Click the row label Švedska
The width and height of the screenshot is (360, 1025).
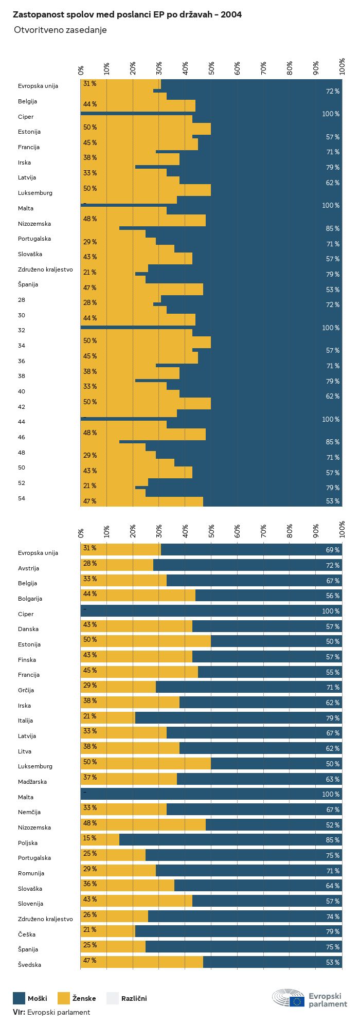point(29,965)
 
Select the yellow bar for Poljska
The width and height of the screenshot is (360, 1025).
point(100,840)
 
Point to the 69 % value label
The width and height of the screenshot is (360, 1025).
point(332,550)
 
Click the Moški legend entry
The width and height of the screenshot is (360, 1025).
point(37,998)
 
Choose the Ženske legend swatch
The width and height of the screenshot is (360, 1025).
point(64,998)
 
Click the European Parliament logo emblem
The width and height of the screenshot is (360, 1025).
point(288,998)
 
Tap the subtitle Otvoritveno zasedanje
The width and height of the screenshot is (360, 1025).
point(60,30)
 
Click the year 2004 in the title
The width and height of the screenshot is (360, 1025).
point(231,15)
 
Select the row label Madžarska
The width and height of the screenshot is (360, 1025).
point(32,782)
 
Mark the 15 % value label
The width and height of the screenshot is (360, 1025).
point(89,838)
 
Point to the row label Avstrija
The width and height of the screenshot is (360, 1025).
point(29,568)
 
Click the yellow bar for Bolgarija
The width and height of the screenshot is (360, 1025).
point(138,596)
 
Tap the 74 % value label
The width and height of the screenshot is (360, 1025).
point(332,916)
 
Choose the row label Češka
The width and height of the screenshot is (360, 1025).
point(27,934)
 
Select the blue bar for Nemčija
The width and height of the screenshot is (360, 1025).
point(254,810)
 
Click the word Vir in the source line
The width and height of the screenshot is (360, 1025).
point(19,1012)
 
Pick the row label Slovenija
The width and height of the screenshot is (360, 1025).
point(31,904)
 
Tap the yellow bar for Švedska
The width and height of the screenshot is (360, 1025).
point(142,962)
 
